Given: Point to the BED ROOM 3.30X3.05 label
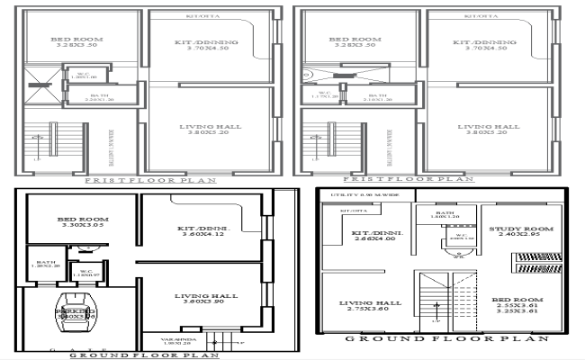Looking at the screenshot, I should tap(83, 224).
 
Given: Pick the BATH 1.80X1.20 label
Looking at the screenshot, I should tap(445, 214).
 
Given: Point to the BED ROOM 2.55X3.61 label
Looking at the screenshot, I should tap(517, 307).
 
